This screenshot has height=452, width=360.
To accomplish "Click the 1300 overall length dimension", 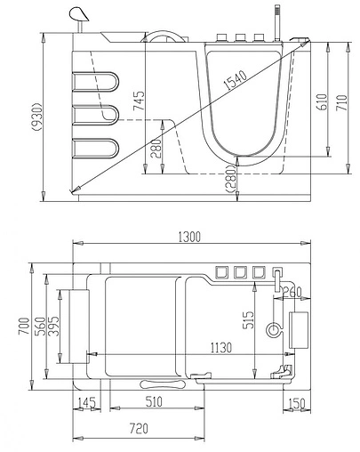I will pyautogui.click(x=188, y=236).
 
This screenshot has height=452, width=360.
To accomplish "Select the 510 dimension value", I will pyautogui.click(x=153, y=403).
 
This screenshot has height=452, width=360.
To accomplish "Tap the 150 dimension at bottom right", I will pyautogui.click(x=298, y=404).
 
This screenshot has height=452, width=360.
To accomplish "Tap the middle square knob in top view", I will pyautogui.click(x=240, y=271).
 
